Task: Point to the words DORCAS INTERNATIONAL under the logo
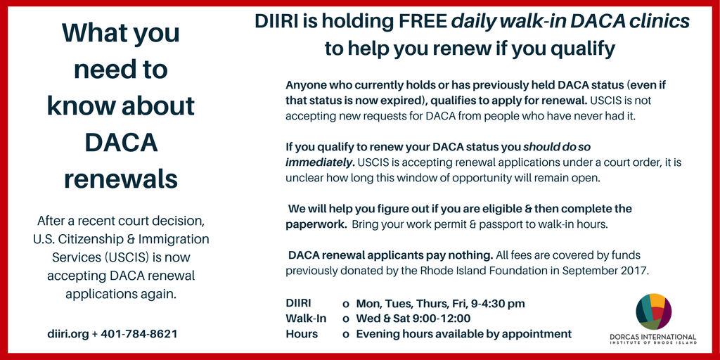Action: tap(653, 337)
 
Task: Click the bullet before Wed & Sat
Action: tap(346, 319)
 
